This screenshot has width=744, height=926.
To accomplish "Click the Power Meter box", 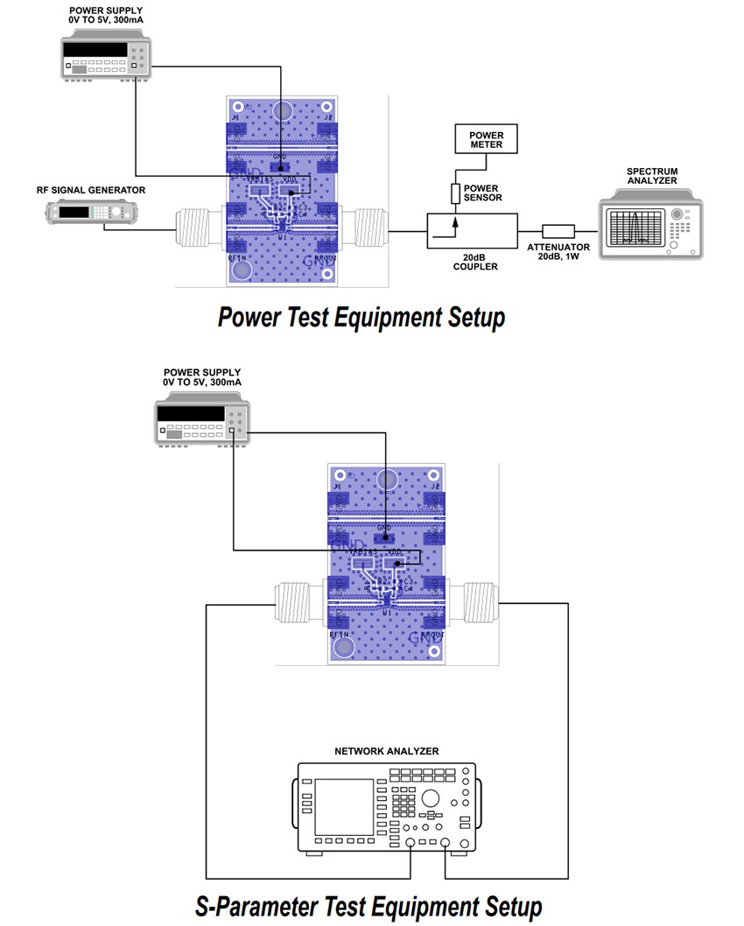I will click(x=487, y=139).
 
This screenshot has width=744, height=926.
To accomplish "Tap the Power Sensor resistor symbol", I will click(x=456, y=193).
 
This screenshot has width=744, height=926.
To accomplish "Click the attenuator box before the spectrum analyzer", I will click(x=558, y=232).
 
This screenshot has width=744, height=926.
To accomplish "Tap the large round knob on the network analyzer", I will click(x=431, y=798).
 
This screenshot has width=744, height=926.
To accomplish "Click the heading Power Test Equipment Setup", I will click(x=361, y=316).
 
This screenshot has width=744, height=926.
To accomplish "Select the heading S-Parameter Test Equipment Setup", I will click(x=368, y=905).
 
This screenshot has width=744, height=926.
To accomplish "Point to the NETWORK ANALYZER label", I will click(x=386, y=751).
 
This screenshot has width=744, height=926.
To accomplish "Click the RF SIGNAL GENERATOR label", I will click(x=91, y=189).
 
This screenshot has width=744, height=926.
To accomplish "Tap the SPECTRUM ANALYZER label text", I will click(x=652, y=176).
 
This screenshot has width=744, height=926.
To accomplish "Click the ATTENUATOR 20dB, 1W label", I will click(x=558, y=252).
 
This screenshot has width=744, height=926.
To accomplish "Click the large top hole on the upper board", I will click(x=282, y=111).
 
